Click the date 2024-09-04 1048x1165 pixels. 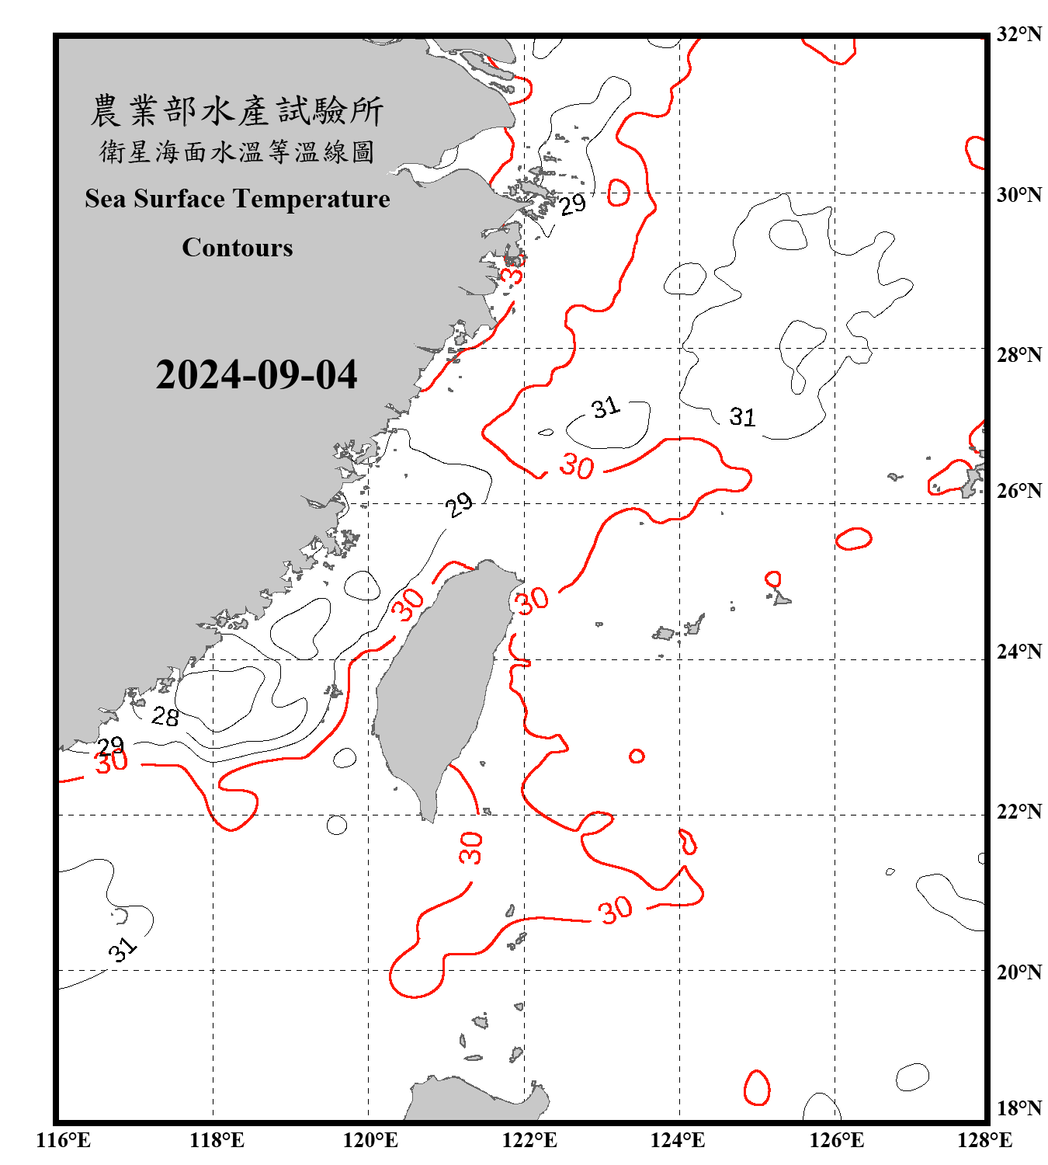(256, 375)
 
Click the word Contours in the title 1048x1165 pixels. (238, 248)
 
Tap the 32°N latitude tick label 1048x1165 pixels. (1019, 34)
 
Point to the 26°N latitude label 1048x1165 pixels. (1019, 491)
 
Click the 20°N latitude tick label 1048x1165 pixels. (1019, 972)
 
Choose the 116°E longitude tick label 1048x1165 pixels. (63, 1140)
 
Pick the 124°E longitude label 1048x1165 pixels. (678, 1140)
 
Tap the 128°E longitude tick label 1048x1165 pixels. (984, 1140)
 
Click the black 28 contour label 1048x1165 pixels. (165, 716)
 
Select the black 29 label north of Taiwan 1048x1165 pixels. (459, 506)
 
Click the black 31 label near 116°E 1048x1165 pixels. (123, 949)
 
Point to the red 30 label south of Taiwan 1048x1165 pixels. (470, 847)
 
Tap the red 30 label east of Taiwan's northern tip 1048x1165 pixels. (533, 600)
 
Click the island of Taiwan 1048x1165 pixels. (439, 683)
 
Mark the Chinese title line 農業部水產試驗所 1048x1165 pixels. (237, 111)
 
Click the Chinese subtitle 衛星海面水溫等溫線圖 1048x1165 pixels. (237, 151)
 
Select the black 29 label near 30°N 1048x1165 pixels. (573, 204)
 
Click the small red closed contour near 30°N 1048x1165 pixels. (619, 193)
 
